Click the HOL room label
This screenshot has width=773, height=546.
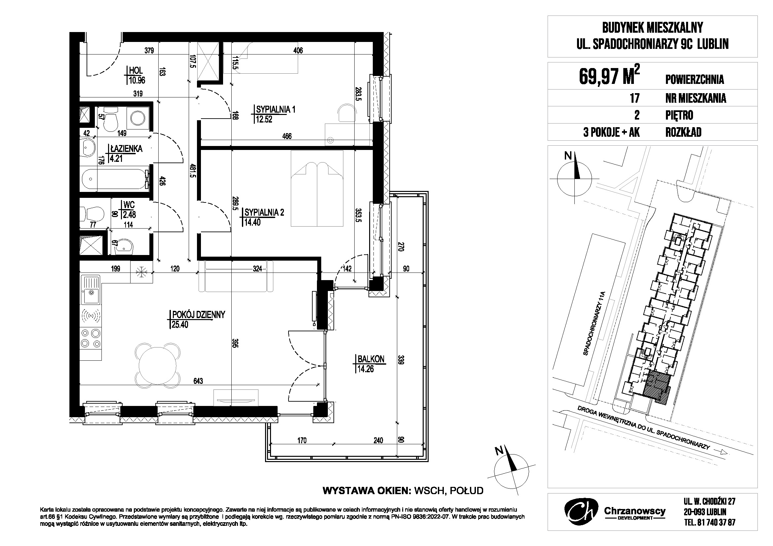coord(136,70)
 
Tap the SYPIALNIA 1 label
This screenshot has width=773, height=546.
coord(275,109)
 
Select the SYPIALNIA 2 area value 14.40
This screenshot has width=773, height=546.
coord(252,222)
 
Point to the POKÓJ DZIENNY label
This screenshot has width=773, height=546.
coord(198,314)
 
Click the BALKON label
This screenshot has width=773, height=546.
coord(371,359)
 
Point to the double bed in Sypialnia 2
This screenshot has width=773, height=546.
coord(317,188)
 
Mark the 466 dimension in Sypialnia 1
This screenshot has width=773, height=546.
coord(287,136)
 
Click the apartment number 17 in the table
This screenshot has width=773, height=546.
coord(634,98)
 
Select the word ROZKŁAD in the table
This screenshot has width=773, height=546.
coord(683,132)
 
